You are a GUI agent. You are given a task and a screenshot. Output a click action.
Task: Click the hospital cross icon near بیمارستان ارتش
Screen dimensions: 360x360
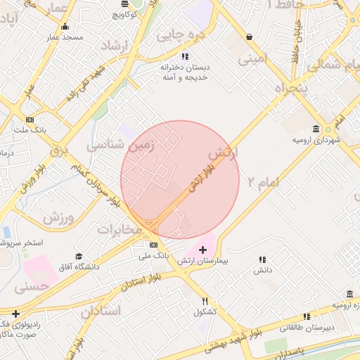(x=203, y=250)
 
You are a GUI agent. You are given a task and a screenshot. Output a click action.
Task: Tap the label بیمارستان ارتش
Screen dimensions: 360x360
(x=203, y=261)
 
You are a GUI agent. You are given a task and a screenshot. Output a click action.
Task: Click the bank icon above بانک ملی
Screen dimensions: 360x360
(x=154, y=245)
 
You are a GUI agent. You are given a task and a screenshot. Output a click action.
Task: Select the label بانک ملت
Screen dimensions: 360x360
(x=29, y=130)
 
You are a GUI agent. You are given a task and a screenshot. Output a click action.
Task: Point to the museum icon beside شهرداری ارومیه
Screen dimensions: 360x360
(x=316, y=129)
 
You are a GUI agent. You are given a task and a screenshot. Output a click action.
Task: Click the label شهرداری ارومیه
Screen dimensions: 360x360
(x=316, y=141)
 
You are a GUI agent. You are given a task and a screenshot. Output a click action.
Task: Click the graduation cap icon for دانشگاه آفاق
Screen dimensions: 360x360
(x=79, y=256)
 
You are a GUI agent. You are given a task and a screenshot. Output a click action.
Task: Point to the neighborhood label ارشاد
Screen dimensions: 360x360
(x=122, y=46)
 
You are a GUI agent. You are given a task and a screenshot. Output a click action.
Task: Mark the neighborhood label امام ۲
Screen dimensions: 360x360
(x=259, y=184)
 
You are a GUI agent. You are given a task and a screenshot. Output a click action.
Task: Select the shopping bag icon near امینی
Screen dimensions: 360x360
(x=249, y=37)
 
